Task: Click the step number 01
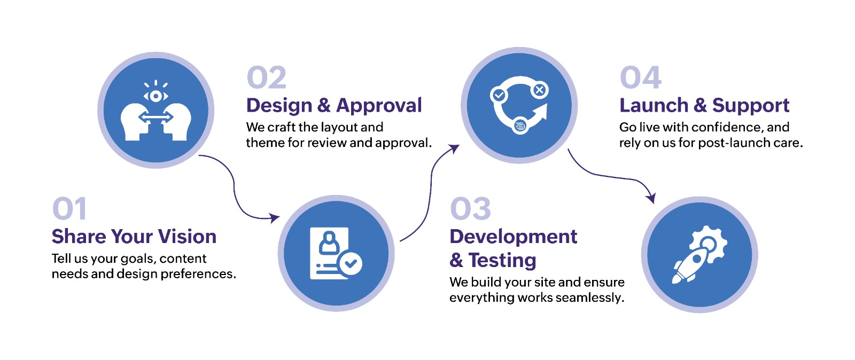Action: pos(69,209)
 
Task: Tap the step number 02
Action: pos(267,77)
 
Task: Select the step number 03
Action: pos(470,209)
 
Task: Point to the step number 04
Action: pos(640,77)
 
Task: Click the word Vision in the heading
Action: pos(187,237)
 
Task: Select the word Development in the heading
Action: pos(514,237)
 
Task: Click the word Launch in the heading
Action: pos(654,105)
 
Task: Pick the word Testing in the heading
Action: pos(502,261)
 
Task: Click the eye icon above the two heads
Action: pos(156,95)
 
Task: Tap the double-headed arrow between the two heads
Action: pos(156,117)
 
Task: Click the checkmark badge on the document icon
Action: pos(351,263)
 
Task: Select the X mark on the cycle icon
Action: pos(539,90)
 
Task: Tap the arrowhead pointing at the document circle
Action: pos(275,218)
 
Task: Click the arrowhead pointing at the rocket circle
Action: pos(650,198)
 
